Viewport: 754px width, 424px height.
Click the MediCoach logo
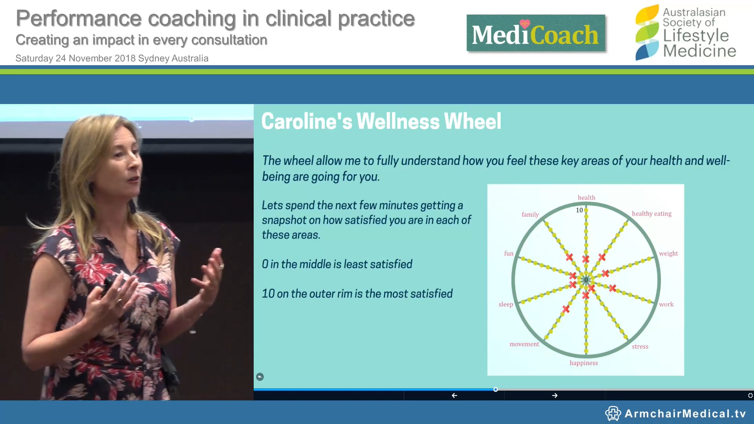(535, 33)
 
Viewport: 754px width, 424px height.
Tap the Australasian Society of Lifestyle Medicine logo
(685, 33)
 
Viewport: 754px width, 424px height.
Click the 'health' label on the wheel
(586, 197)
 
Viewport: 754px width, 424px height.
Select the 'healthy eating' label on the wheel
(652, 214)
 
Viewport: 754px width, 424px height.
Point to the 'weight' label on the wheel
(668, 253)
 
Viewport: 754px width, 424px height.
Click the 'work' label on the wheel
(666, 304)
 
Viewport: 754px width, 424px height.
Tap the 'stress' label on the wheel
(640, 346)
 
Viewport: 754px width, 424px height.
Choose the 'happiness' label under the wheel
(584, 363)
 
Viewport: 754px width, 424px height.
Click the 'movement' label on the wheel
(524, 344)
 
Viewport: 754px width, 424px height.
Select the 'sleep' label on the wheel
(506, 304)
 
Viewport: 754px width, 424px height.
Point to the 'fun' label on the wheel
(509, 253)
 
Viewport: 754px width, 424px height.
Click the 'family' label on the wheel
(530, 214)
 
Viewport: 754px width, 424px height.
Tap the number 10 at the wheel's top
(579, 210)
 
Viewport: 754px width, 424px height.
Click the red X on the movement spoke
(566, 309)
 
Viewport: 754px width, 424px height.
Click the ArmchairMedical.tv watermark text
(685, 413)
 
